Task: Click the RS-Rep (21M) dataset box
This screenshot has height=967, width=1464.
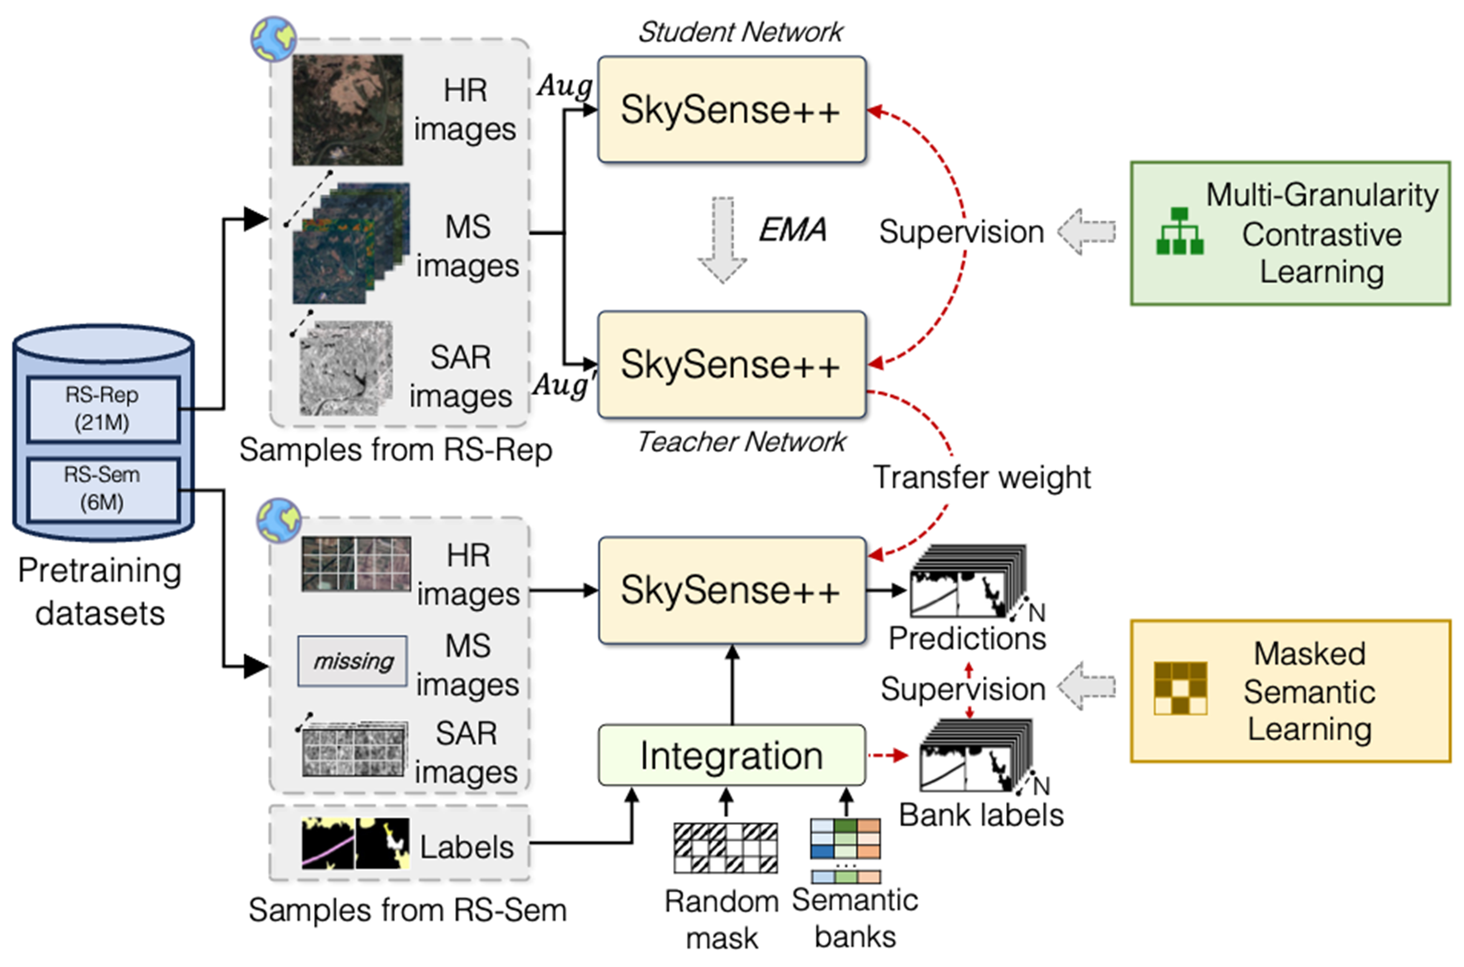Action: click(x=103, y=409)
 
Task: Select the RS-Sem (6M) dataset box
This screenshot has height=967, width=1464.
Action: click(x=103, y=489)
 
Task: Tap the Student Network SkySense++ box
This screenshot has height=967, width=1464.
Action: click(x=731, y=110)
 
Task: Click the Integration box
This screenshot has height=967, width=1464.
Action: click(x=731, y=755)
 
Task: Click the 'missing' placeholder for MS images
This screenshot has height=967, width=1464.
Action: click(x=353, y=661)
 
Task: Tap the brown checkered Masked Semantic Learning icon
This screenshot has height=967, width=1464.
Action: click(x=1180, y=688)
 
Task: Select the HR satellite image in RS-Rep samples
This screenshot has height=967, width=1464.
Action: click(x=348, y=110)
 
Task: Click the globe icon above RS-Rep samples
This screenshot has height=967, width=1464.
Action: click(x=274, y=39)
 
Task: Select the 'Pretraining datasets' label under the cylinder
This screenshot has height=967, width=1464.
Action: click(x=100, y=591)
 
